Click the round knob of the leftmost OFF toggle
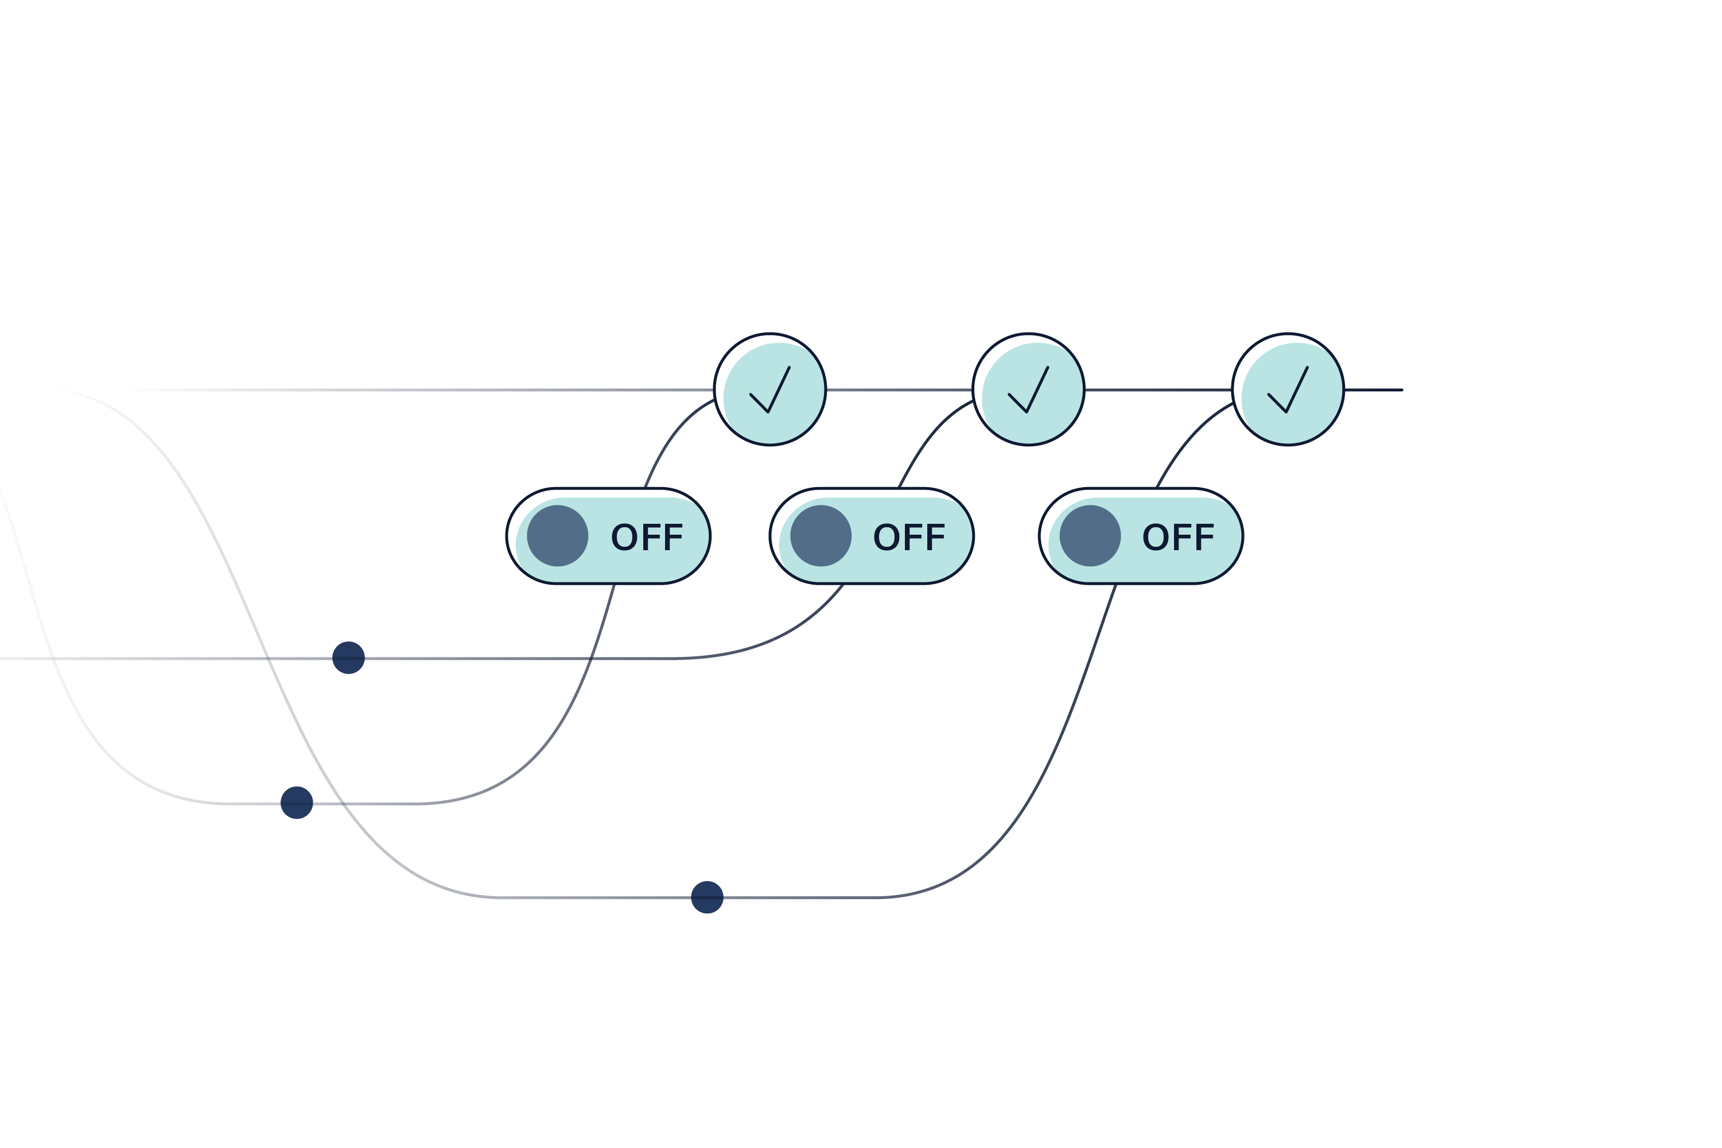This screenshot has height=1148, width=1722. click(x=557, y=536)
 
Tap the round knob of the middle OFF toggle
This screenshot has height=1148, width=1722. click(x=821, y=536)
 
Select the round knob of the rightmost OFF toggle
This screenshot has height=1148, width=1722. click(x=1090, y=536)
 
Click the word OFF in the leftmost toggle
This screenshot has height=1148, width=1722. click(x=647, y=538)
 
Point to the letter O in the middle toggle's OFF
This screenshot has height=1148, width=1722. click(x=886, y=538)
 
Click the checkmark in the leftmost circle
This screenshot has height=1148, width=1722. click(x=770, y=391)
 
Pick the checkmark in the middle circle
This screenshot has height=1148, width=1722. click(x=1029, y=391)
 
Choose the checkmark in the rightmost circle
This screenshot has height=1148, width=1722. click(x=1288, y=391)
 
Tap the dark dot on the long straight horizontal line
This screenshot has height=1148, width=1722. click(x=348, y=657)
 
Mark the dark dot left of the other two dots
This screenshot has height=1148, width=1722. click(x=297, y=803)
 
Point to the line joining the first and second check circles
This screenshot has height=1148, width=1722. click(x=899, y=390)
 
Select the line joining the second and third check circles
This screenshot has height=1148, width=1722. click(x=1159, y=390)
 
